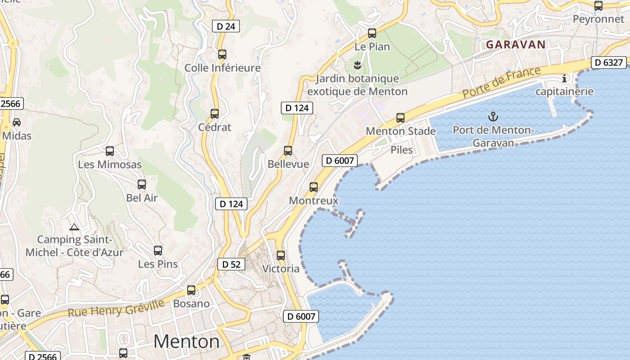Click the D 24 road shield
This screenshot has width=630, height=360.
(x=226, y=26)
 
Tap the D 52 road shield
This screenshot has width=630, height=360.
(x=232, y=264)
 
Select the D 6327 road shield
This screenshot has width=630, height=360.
(x=609, y=63)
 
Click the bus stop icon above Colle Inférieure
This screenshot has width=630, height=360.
(x=222, y=54)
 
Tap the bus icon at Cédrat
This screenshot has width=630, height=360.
(x=215, y=114)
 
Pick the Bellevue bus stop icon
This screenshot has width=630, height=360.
(x=288, y=151)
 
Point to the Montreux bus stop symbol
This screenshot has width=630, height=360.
(x=314, y=187)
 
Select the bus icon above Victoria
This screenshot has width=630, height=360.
(x=281, y=256)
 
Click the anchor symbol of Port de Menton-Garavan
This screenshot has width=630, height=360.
(x=493, y=117)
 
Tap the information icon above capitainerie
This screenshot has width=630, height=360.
(x=564, y=79)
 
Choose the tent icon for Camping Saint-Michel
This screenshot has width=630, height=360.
(x=74, y=227)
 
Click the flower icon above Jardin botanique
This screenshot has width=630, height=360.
(x=357, y=65)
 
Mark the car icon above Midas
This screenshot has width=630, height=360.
(x=17, y=122)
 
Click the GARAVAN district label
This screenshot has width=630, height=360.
(x=516, y=45)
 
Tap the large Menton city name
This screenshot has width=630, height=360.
(x=186, y=342)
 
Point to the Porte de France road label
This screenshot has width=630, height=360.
(x=501, y=83)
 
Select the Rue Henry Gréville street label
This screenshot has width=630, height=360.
(x=116, y=308)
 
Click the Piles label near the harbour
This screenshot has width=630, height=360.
(x=402, y=150)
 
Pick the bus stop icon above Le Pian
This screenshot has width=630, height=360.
(x=372, y=33)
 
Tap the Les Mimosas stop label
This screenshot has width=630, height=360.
(x=110, y=165)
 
